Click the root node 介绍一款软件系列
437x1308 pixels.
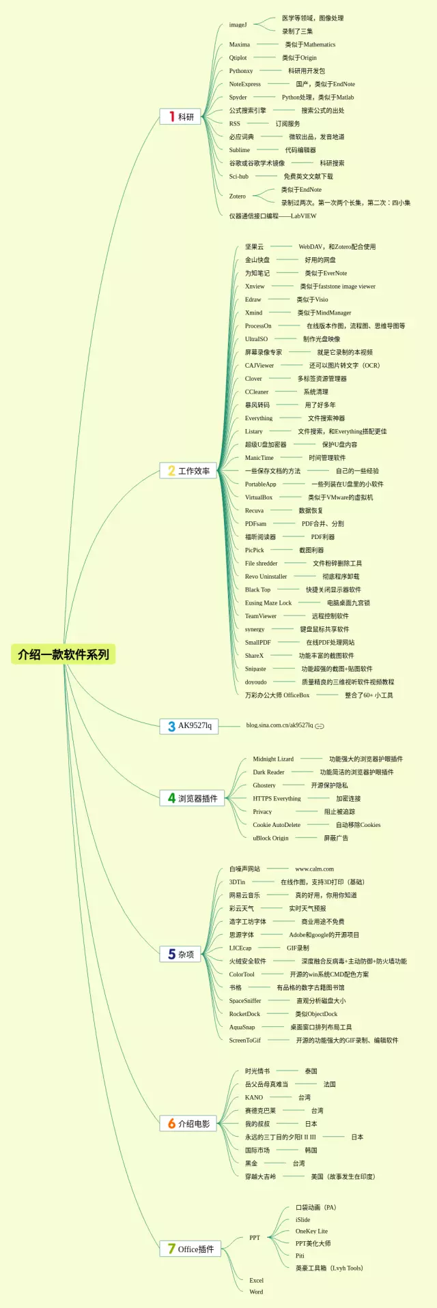[x=64, y=654]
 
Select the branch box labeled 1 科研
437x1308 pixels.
[x=180, y=117]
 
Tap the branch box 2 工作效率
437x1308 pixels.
[x=188, y=471]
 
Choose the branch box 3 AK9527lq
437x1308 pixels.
[x=189, y=725]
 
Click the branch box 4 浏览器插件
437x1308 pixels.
[x=193, y=798]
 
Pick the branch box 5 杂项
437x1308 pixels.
[x=181, y=954]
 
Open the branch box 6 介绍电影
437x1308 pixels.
[x=188, y=1123]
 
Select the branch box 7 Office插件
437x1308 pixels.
[x=191, y=1249]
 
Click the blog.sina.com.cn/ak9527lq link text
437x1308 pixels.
[x=279, y=725]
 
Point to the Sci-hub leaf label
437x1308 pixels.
[x=239, y=176]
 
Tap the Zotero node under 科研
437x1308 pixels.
[x=238, y=196]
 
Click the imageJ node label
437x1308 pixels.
[x=238, y=25]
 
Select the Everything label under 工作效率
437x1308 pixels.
[x=259, y=418]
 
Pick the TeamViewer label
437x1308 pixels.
[x=261, y=616]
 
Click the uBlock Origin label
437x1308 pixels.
[x=270, y=838]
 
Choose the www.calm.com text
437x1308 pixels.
[x=314, y=869]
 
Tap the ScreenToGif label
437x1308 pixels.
[x=244, y=1040]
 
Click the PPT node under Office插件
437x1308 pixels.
[x=255, y=1237]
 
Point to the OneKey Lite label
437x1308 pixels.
[x=311, y=1231]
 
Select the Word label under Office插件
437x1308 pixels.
[x=256, y=1291]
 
